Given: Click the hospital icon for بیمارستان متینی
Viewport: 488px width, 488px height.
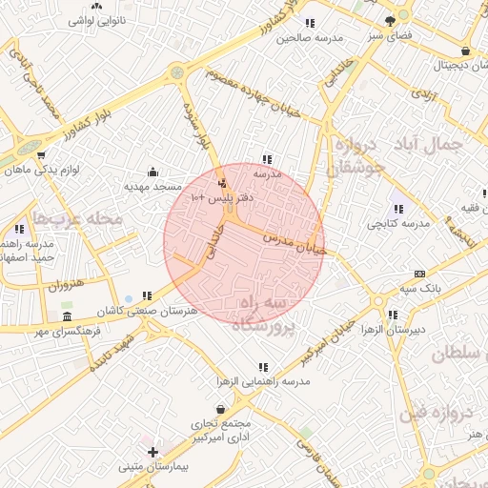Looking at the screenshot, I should (152, 451).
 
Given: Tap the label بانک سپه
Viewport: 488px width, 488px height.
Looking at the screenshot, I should (418, 288).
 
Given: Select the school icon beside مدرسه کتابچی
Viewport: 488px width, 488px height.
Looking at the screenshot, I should (397, 208).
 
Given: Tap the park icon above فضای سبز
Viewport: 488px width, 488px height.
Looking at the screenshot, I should (389, 20).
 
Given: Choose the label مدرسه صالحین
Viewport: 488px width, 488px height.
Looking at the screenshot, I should (310, 39).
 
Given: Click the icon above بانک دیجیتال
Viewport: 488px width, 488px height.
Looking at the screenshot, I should (464, 51).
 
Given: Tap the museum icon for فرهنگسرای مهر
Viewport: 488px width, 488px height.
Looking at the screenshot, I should (66, 316).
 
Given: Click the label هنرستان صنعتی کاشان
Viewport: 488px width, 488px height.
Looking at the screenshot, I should (161, 311).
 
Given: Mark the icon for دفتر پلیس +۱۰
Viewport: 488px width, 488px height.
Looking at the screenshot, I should (223, 182).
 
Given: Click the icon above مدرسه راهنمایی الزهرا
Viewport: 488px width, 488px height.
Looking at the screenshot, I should (262, 366).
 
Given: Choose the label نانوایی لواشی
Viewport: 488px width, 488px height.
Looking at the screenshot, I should (96, 19).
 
